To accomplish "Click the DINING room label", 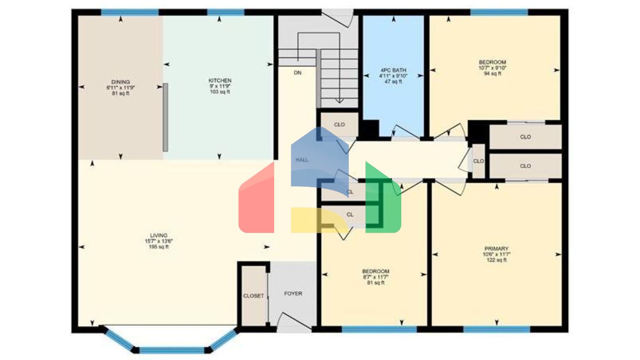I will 120,82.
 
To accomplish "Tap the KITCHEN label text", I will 220,80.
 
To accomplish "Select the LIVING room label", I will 159,235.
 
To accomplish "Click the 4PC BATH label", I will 393,70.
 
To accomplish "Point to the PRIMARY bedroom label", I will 496,249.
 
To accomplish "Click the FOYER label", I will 293,294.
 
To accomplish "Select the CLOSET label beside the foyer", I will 253,296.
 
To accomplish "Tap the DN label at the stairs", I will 297,73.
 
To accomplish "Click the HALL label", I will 302,160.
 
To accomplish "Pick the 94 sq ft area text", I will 492,74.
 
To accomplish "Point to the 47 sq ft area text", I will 393,82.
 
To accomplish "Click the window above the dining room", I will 130,12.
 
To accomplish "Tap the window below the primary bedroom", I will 496,330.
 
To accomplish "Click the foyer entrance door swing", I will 294,321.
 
